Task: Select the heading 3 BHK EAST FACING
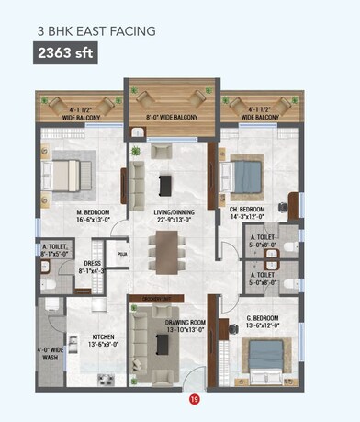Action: coord(96,30)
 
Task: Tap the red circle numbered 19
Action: coord(194,399)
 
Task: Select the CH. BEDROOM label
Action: coord(246,210)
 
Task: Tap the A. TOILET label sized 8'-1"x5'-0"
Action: coord(54,248)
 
